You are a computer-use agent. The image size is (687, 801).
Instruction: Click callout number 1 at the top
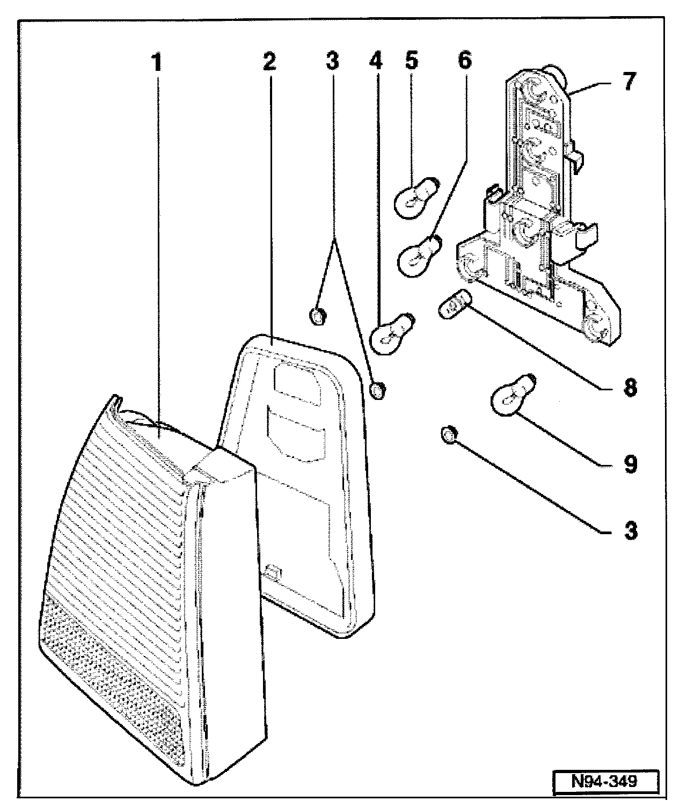tap(157, 63)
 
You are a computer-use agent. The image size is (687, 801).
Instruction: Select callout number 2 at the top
tap(269, 62)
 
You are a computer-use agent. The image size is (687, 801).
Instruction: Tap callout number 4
tap(376, 61)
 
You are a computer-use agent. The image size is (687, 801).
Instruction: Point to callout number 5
tap(412, 61)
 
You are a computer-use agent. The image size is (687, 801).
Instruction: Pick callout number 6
tap(465, 61)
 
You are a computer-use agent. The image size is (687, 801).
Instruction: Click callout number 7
tap(630, 82)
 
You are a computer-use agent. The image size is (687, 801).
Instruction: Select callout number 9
tap(631, 464)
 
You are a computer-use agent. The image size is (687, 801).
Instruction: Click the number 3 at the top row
tap(332, 62)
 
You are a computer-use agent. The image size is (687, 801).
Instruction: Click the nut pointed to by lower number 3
tap(449, 435)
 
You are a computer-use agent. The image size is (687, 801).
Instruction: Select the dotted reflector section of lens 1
tap(112, 672)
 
